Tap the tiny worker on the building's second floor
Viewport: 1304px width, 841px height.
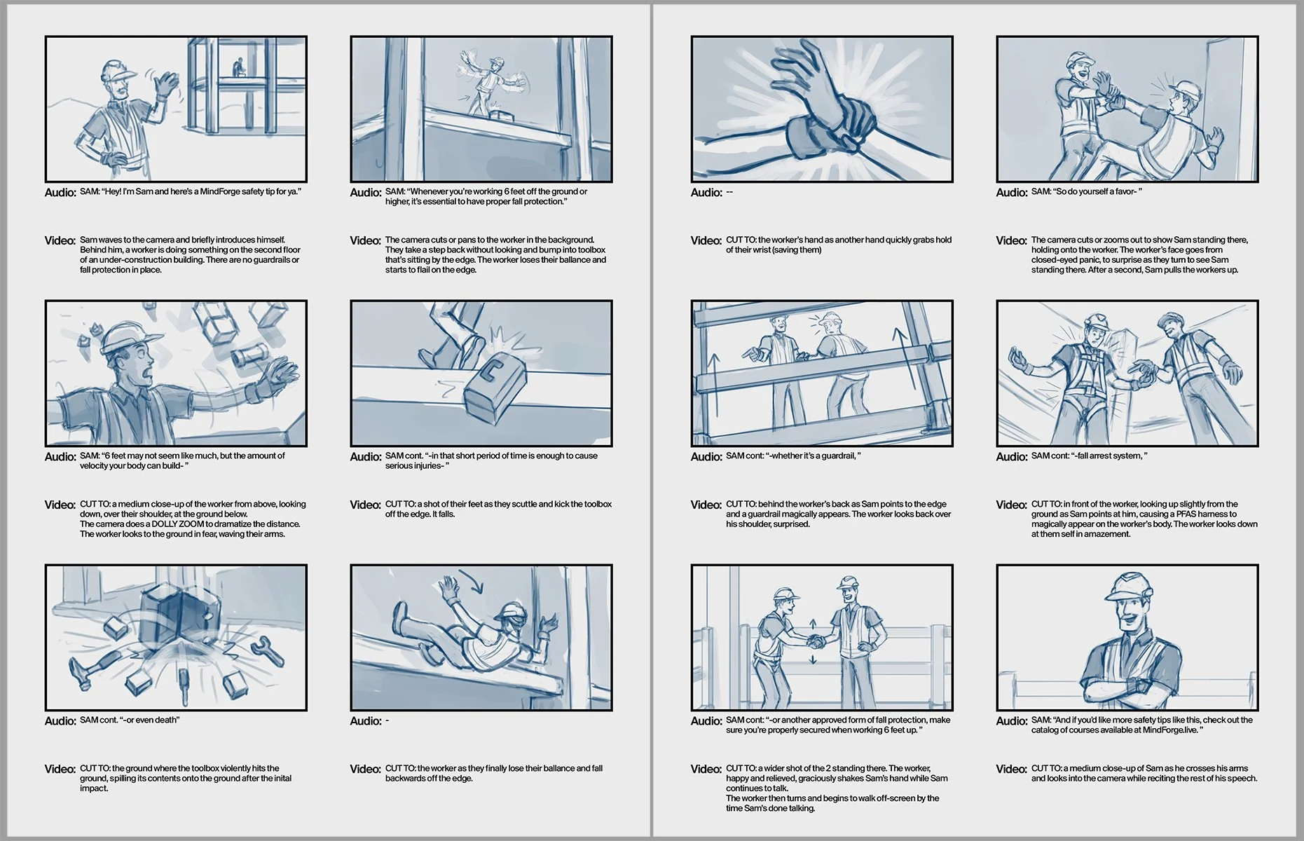click(x=238, y=67)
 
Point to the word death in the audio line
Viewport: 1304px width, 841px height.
click(x=166, y=720)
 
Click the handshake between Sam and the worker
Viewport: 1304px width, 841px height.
click(x=815, y=641)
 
